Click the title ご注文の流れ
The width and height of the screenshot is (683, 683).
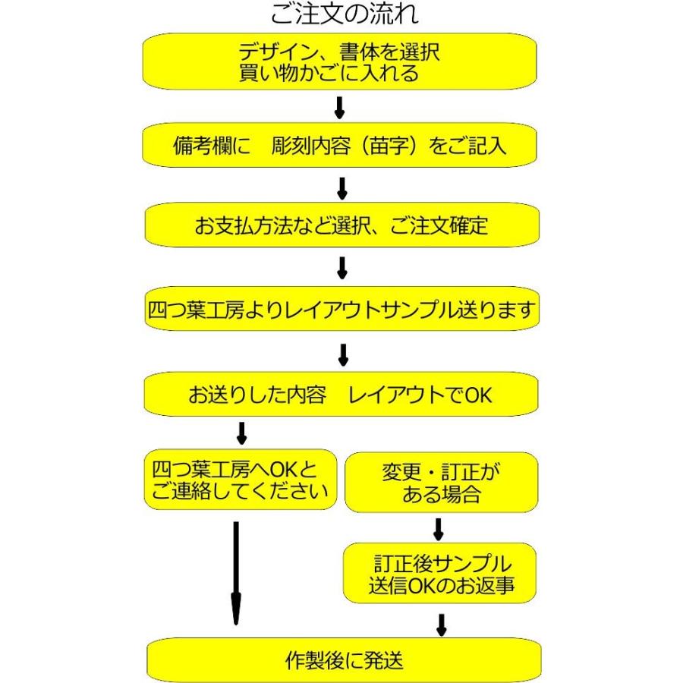(x=344, y=14)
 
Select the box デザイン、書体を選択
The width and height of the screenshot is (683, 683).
(x=340, y=61)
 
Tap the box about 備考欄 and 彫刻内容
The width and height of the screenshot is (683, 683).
(x=340, y=145)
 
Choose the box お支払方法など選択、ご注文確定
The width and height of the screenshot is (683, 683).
(x=341, y=225)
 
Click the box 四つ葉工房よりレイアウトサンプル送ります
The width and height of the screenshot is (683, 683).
(x=341, y=310)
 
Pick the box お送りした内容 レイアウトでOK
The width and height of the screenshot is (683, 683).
(x=341, y=395)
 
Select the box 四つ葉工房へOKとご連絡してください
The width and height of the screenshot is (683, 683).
(x=240, y=480)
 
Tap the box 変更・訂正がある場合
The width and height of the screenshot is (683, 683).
(x=441, y=483)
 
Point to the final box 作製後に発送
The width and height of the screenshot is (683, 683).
(x=344, y=659)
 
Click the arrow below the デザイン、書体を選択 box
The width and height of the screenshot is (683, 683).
(x=339, y=107)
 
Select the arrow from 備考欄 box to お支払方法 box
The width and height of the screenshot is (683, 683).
(x=341, y=187)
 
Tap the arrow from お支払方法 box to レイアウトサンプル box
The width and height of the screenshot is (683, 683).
(x=341, y=268)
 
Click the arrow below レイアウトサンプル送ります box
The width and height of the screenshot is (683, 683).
(x=342, y=354)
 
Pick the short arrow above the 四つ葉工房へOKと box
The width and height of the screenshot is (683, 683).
(x=242, y=433)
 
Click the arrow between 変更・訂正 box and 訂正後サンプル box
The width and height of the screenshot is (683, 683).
(x=438, y=529)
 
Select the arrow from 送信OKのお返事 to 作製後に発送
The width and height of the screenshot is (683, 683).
(x=441, y=624)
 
